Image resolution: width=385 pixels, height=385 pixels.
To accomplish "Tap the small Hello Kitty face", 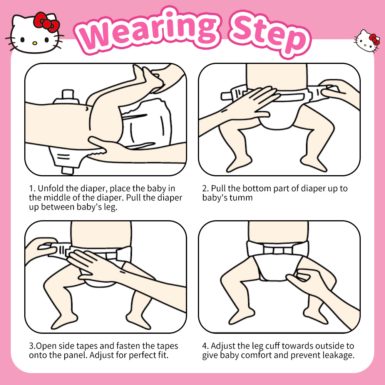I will [x=366, y=41].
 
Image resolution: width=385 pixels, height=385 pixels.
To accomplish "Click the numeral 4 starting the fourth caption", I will [x=205, y=346].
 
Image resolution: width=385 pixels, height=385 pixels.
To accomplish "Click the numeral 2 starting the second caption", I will [x=205, y=189].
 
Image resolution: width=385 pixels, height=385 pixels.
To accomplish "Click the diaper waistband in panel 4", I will [x=278, y=248].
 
